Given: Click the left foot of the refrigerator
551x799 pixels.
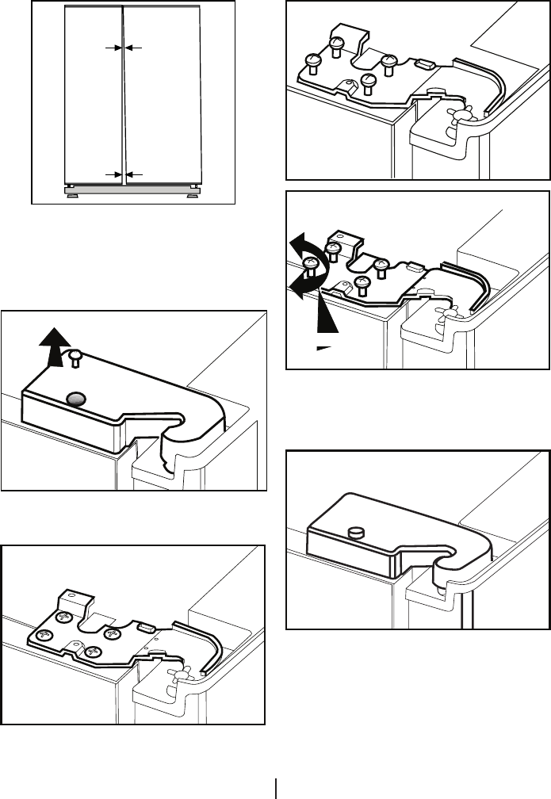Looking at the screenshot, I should (71, 191).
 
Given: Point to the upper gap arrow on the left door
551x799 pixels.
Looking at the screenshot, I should (111, 48).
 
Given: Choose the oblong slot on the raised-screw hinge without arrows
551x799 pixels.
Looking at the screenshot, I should (423, 63).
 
